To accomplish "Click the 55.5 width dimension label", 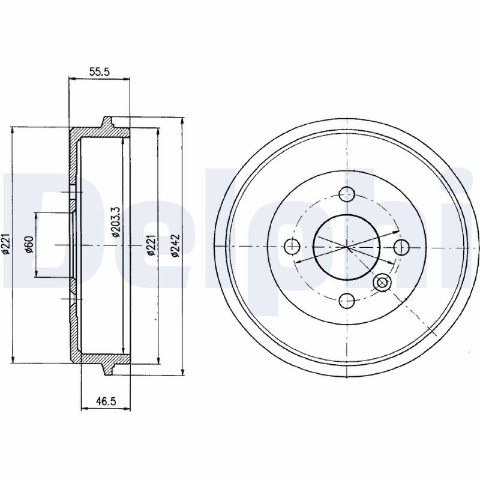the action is coord(99,71).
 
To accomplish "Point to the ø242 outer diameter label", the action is coord(175,245).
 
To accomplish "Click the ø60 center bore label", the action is coord(29,245).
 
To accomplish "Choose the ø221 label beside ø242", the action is coord(151,245).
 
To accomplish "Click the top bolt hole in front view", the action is coord(347,194).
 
